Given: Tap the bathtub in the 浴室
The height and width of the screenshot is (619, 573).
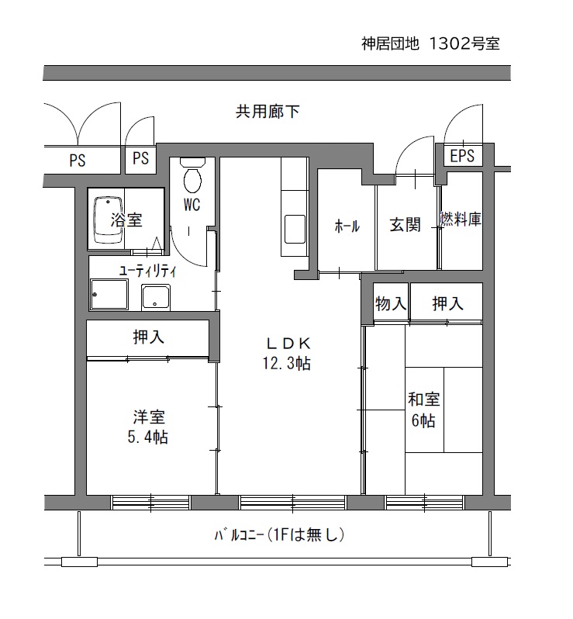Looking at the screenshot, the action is pyautogui.click(x=108, y=220).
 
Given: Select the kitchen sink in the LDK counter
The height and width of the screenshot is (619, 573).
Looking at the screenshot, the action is pyautogui.click(x=295, y=229).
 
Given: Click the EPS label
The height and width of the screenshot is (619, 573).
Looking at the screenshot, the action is pyautogui.click(x=462, y=156).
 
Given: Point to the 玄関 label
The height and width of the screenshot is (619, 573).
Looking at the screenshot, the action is pyautogui.click(x=406, y=225).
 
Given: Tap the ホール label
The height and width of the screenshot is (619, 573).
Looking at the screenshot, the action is pyautogui.click(x=347, y=227).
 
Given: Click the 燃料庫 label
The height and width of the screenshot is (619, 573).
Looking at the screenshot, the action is pyautogui.click(x=461, y=219).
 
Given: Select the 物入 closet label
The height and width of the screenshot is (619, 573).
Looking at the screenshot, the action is pyautogui.click(x=391, y=303).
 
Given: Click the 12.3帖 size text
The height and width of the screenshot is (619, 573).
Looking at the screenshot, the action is pyautogui.click(x=287, y=364).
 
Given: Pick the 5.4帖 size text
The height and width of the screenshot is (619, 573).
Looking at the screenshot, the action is pyautogui.click(x=148, y=437).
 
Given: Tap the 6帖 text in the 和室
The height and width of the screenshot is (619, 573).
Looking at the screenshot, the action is pyautogui.click(x=423, y=421).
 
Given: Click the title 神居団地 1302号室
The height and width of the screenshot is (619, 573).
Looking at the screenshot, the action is pyautogui.click(x=431, y=43).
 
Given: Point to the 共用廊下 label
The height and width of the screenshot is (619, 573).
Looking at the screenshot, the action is pyautogui.click(x=268, y=112).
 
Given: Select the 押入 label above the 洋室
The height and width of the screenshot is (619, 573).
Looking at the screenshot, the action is pyautogui.click(x=148, y=337).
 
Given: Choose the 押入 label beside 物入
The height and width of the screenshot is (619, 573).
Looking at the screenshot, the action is pyautogui.click(x=447, y=303).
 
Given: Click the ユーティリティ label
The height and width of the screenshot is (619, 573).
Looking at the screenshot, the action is pyautogui.click(x=148, y=271).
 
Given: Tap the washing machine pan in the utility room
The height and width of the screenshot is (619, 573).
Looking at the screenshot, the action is pyautogui.click(x=109, y=295).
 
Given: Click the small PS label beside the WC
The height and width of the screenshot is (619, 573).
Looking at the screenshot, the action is pyautogui.click(x=141, y=158).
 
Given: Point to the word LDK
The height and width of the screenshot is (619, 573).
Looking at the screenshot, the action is pyautogui.click(x=288, y=344).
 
